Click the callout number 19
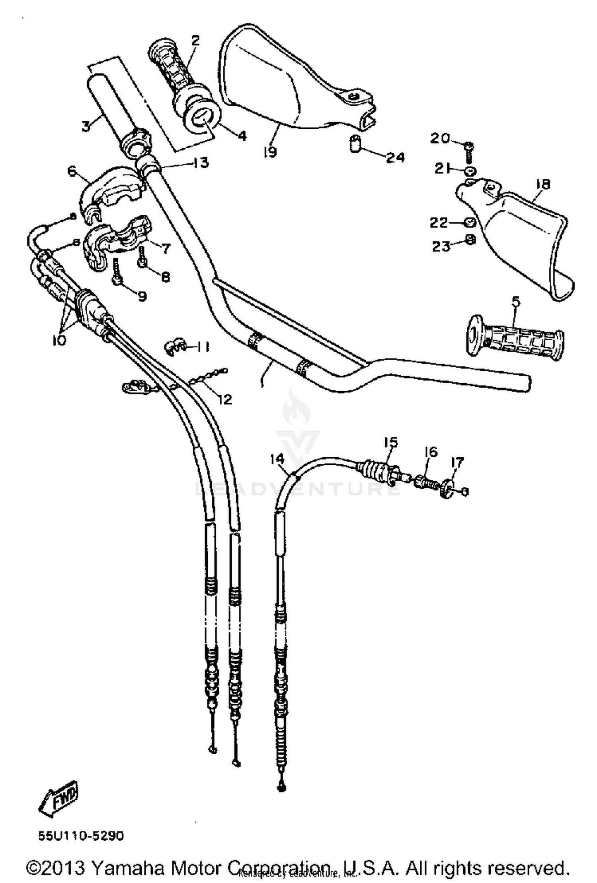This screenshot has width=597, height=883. point(270,151)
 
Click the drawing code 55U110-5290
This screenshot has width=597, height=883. point(81,836)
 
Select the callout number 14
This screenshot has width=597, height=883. point(277,459)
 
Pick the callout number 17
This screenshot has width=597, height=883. point(457,462)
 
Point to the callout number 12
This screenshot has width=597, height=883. point(225,399)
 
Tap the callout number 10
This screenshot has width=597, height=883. point(59,340)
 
